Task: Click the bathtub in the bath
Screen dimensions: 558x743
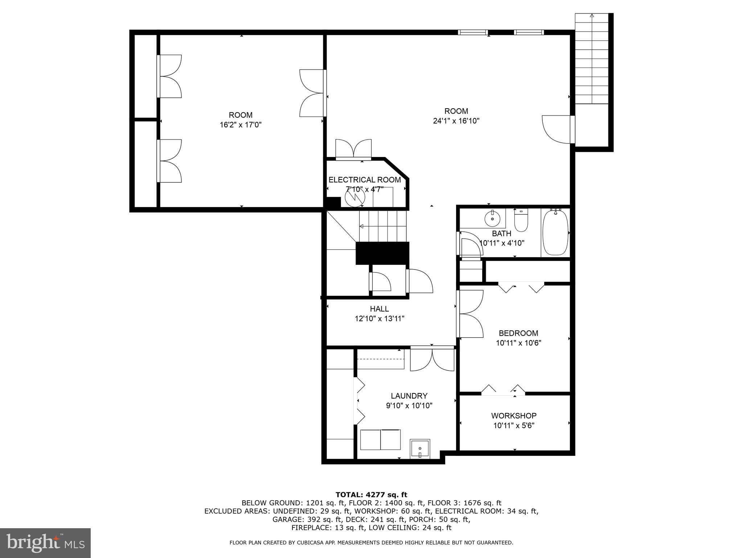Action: pos(555,232)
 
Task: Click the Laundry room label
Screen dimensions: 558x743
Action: pos(409,396)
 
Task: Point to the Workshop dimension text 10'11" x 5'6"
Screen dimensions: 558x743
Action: pos(514,425)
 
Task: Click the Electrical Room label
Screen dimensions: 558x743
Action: pos(365,180)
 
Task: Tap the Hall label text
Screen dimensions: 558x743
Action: pos(379,309)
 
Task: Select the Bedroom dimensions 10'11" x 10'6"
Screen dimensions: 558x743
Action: pos(518,343)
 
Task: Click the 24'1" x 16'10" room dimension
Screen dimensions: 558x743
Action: pos(456,121)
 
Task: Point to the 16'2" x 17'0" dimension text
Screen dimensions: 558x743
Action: pos(241,125)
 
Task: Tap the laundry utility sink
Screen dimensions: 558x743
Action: pos(420,449)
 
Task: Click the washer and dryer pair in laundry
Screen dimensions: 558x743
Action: pos(380,440)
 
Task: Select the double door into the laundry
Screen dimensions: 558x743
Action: pos(432,359)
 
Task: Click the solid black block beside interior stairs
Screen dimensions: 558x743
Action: pos(382,253)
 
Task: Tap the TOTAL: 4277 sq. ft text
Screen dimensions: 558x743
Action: pos(371,495)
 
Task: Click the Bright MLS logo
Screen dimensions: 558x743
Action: pos(45,543)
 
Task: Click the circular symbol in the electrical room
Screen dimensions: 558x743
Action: pos(354,198)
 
